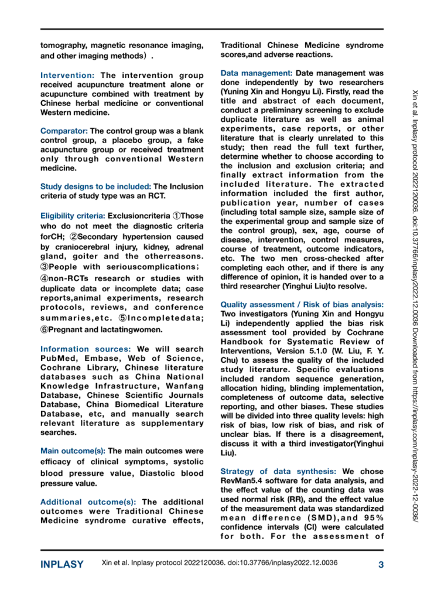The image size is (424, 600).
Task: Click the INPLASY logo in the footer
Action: click(x=61, y=565)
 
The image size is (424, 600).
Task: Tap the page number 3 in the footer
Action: click(x=381, y=565)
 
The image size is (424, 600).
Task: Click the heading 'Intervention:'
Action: click(x=67, y=76)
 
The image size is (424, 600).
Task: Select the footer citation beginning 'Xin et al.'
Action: click(x=220, y=565)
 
